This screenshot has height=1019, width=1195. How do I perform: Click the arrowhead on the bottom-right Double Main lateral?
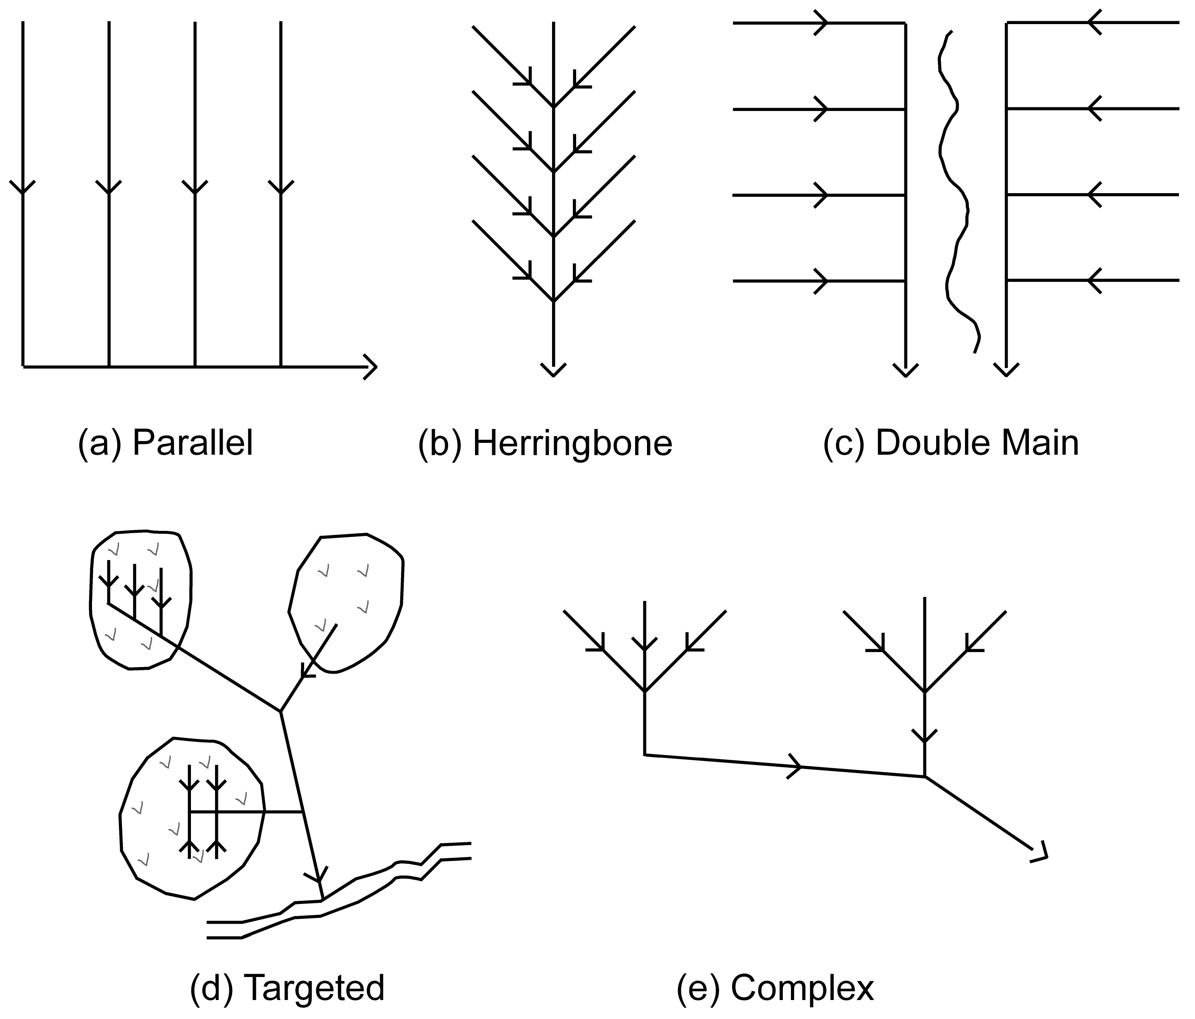[1093, 281]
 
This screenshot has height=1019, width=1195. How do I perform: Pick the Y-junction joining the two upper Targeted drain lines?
[281, 712]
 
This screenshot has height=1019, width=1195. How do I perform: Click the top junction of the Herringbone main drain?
[554, 107]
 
